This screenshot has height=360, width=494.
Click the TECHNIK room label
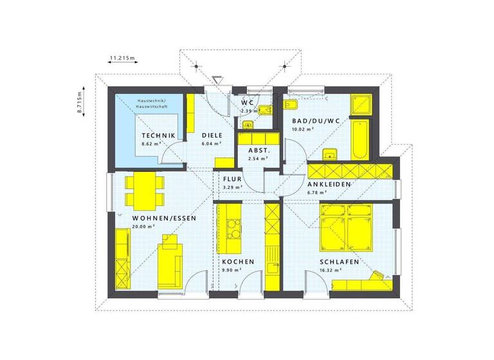pyautogui.click(x=158, y=135)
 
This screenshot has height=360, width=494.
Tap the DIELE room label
pyautogui.click(x=212, y=135)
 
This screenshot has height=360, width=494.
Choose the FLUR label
pyautogui.click(x=232, y=179)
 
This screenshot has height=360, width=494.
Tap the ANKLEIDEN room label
pyautogui.click(x=328, y=184)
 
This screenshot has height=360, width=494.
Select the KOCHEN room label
pyautogui.click(x=238, y=262)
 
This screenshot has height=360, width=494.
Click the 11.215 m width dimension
pyautogui.click(x=122, y=59)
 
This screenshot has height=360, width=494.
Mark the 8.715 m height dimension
pyautogui.click(x=80, y=102)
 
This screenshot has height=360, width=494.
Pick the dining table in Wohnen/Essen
pyautogui.click(x=142, y=191)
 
